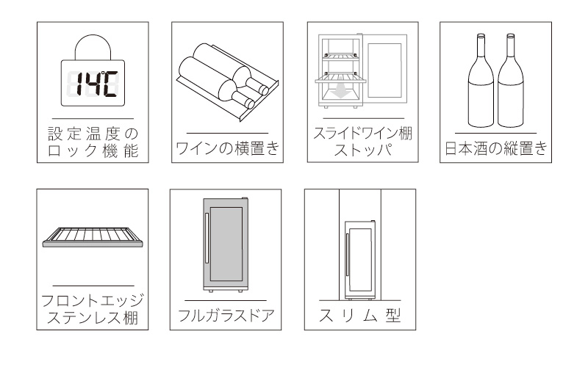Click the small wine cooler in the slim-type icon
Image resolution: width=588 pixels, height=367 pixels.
pos(360,258)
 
